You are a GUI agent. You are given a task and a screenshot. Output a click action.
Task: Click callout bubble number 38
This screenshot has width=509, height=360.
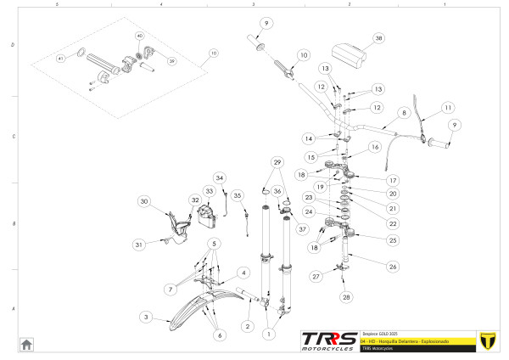[x=378, y=38]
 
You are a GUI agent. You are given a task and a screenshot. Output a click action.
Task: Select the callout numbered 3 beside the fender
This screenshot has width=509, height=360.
[x=145, y=317]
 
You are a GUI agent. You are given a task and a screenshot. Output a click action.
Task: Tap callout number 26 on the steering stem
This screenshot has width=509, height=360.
[x=392, y=266]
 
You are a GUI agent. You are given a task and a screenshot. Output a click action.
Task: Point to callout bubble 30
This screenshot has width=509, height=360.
[x=144, y=201]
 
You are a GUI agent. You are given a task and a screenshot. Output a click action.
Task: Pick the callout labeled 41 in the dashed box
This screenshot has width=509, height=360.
[x=60, y=59]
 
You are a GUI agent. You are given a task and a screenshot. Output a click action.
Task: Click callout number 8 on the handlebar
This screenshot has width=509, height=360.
[x=404, y=112]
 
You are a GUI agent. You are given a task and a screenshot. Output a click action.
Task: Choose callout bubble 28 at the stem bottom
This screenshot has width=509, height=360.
[x=346, y=297]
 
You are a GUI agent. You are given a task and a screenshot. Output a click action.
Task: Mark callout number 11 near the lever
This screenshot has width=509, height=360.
[x=448, y=107]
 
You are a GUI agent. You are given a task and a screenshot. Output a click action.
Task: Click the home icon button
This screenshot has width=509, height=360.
[x=26, y=344]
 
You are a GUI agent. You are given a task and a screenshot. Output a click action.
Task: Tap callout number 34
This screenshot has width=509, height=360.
[x=220, y=178]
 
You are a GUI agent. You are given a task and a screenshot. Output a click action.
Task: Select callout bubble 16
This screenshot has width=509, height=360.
[x=373, y=147]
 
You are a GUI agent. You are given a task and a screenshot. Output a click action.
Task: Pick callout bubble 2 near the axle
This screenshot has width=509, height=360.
[x=248, y=326]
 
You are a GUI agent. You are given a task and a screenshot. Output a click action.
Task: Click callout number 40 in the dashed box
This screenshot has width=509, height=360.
[x=140, y=36]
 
